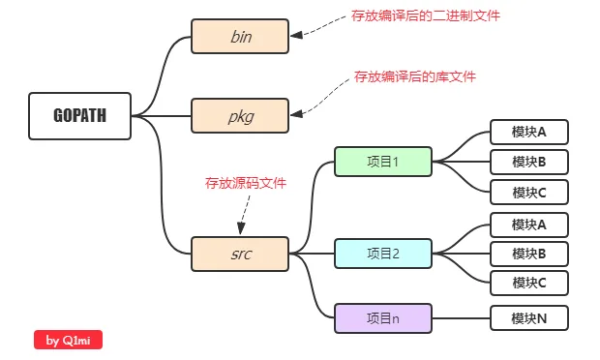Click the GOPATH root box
point(79,116)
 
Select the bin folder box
point(240,37)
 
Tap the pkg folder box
point(240,116)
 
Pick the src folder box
point(240,255)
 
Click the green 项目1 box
point(383,162)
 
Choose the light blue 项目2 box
point(383,254)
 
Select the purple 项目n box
point(383,317)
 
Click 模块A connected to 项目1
point(528,132)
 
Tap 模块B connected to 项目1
point(528,161)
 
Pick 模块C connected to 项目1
point(528,192)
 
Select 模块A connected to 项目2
point(528,225)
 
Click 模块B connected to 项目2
point(528,254)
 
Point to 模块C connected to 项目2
point(528,283)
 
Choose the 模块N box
point(528,317)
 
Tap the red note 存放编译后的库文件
point(414,75)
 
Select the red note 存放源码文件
point(245,182)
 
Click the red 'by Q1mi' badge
point(69,340)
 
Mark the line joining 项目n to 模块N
point(461,317)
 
